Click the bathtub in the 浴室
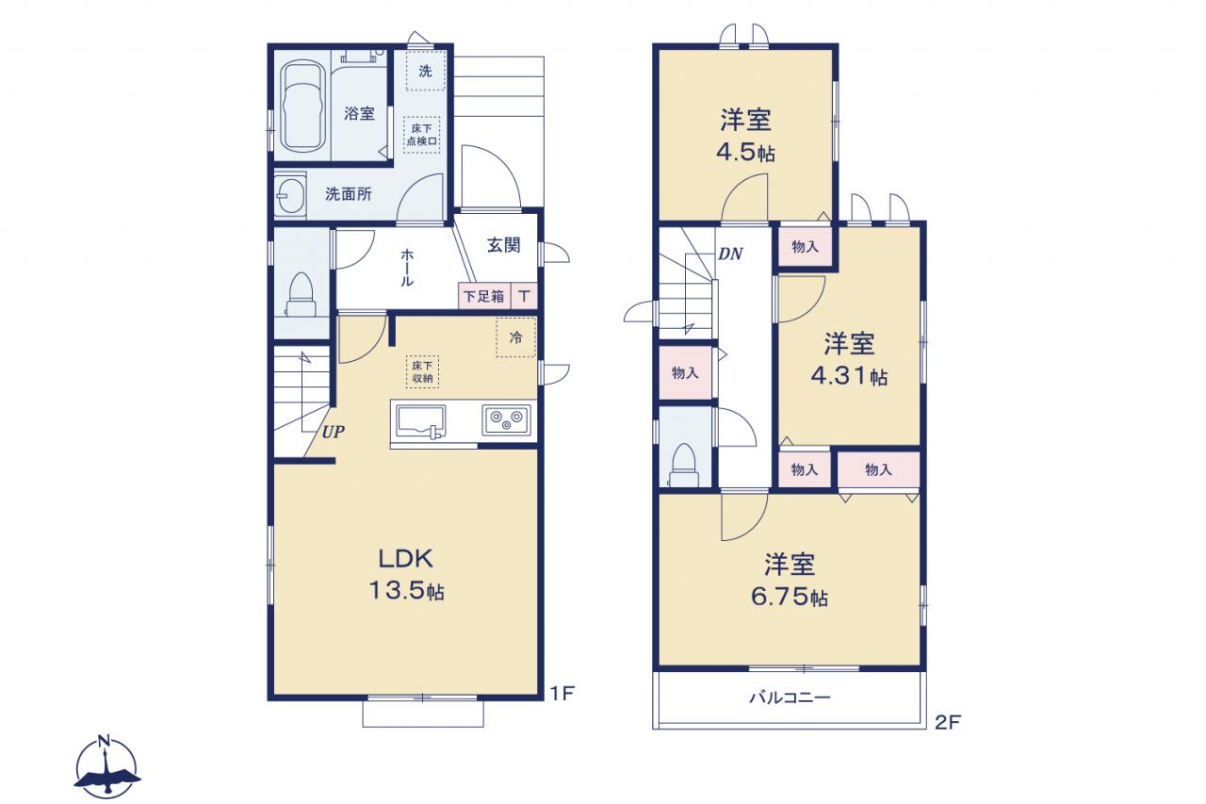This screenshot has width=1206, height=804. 302,107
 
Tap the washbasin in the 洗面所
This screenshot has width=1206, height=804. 290,194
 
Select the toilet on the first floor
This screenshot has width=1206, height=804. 301,295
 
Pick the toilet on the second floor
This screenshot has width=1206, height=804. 684,466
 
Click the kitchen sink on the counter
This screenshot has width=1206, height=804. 421,420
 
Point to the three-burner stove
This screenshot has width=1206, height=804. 506,419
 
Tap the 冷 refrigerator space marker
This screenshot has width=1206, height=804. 515,337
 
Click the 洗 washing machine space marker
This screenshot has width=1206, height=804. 425,71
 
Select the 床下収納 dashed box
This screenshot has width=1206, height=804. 423,371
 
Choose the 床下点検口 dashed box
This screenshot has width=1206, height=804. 422,135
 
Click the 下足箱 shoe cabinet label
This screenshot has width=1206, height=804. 484,296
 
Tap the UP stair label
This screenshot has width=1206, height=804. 334,432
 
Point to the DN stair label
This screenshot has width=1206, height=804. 730,254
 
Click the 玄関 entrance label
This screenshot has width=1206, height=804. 503,245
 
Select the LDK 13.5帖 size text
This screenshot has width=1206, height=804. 406,575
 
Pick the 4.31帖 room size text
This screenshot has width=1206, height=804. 849,375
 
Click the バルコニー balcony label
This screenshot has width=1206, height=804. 790,697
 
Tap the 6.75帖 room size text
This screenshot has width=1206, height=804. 790,596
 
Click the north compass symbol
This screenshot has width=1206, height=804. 106,766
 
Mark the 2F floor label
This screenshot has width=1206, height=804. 948,723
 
